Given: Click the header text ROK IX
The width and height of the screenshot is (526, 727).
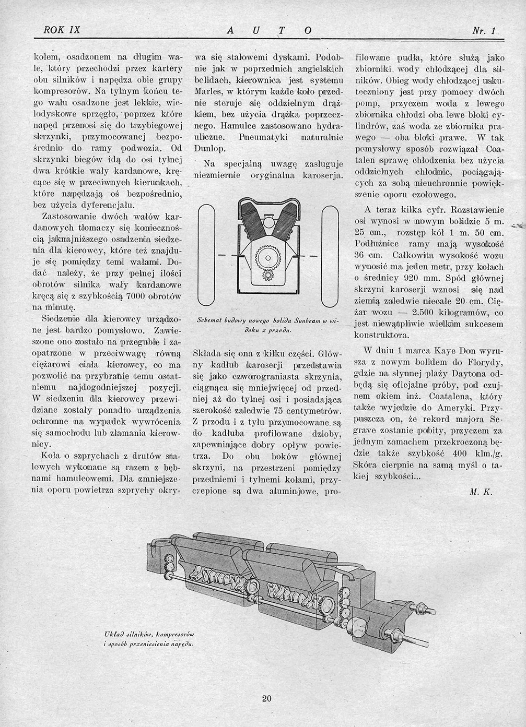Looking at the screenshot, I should (62, 30).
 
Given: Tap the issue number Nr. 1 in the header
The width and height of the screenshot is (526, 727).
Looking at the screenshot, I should (483, 31).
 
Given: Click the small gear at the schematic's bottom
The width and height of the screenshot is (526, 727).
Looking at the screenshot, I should (269, 276).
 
